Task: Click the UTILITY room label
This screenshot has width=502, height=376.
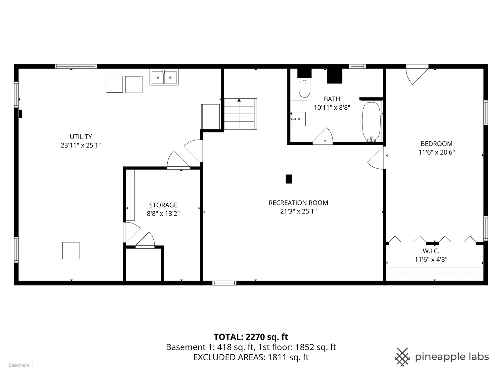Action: coord(81,137)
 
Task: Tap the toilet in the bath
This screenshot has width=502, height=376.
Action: coord(304,88)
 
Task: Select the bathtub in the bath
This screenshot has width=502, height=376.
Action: coord(371,122)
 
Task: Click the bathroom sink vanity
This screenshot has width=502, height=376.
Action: coord(299,120)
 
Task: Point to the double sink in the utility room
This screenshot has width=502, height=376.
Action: coord(164,77)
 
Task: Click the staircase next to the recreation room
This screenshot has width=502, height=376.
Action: coord(240,114)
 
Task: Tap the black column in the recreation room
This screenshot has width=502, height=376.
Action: coord(289,179)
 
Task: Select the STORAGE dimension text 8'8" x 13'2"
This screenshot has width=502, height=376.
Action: coord(163,214)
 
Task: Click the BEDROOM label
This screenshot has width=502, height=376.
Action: coord(436,144)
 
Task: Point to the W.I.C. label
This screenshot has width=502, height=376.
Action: coord(431,251)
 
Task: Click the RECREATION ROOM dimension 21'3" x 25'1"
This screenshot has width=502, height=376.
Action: coord(298,211)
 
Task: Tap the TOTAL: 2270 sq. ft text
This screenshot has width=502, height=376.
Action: coord(251,337)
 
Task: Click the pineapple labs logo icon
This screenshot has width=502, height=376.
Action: coord(402,357)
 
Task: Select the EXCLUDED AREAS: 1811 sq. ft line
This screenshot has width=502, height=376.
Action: coord(251,357)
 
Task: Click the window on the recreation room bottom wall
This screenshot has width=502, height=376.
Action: coord(225,283)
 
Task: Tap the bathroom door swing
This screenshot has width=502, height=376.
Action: coord(323,136)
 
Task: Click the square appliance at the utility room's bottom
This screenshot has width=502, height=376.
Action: coord(71,251)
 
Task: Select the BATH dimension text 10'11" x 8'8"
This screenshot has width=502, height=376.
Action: coord(332,108)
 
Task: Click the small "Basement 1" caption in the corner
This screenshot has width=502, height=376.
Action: coord(21,365)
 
